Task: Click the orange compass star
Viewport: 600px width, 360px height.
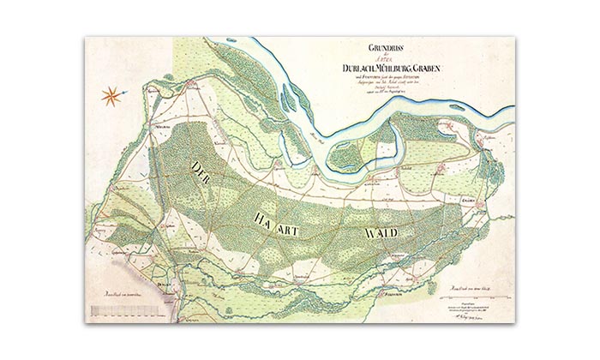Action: [111, 95]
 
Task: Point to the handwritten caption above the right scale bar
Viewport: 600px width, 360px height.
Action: [471, 285]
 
